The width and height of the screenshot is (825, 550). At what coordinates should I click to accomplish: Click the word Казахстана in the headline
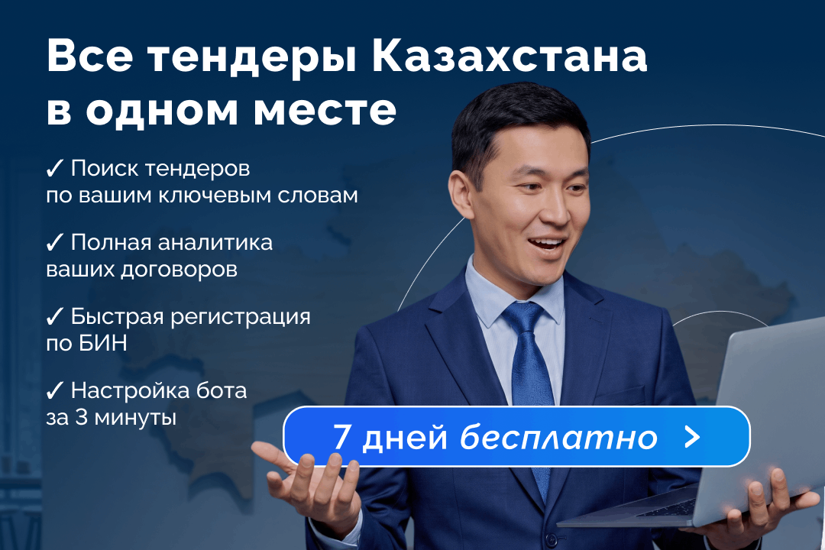[x=510, y=57]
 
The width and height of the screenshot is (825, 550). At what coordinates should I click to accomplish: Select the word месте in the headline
[x=325, y=111]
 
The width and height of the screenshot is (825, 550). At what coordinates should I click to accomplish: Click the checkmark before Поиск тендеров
[x=54, y=168]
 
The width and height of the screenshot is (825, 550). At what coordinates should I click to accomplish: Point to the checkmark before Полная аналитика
[x=54, y=243]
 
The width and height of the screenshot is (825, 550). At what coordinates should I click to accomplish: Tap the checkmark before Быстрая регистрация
[x=54, y=317]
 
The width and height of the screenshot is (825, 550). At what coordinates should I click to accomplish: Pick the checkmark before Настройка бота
[x=54, y=391]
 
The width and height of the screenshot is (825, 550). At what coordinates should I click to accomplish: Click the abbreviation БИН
[x=103, y=344]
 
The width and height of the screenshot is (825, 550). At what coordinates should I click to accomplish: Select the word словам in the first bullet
[x=318, y=196]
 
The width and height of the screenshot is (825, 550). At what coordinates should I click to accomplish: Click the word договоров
[x=178, y=270]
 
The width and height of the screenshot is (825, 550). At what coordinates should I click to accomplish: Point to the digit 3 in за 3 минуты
[x=82, y=418]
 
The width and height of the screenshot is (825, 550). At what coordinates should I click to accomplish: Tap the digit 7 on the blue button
[x=342, y=436]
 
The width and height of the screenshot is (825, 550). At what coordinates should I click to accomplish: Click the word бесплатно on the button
[x=558, y=436]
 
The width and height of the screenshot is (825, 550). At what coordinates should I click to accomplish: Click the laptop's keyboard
[x=668, y=508]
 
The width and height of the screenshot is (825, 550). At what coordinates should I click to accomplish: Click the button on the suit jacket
[x=551, y=539]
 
